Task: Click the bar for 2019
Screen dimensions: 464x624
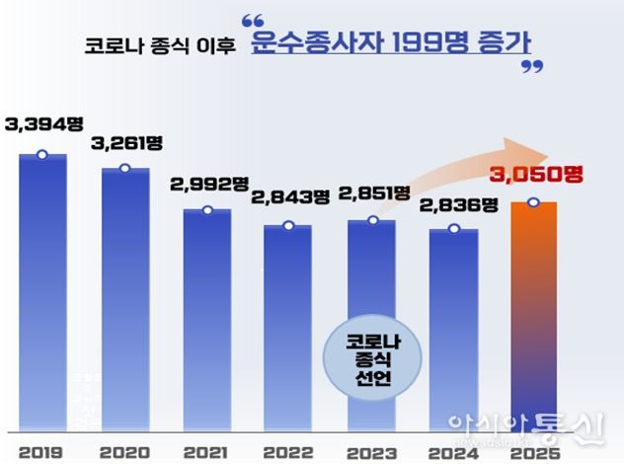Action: (42, 296)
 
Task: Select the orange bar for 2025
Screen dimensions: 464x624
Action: (533, 316)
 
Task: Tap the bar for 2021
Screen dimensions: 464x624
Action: (206, 321)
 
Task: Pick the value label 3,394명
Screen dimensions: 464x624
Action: (40, 123)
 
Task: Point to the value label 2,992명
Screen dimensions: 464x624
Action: (208, 185)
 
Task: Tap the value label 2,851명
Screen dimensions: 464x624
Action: (372, 193)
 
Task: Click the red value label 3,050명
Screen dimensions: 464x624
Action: (537, 175)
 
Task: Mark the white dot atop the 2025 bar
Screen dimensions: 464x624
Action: (533, 203)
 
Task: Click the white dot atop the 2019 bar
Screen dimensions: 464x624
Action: (41, 154)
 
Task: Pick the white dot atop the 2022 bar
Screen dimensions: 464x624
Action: (288, 226)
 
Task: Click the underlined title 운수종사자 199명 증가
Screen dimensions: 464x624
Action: (391, 43)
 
